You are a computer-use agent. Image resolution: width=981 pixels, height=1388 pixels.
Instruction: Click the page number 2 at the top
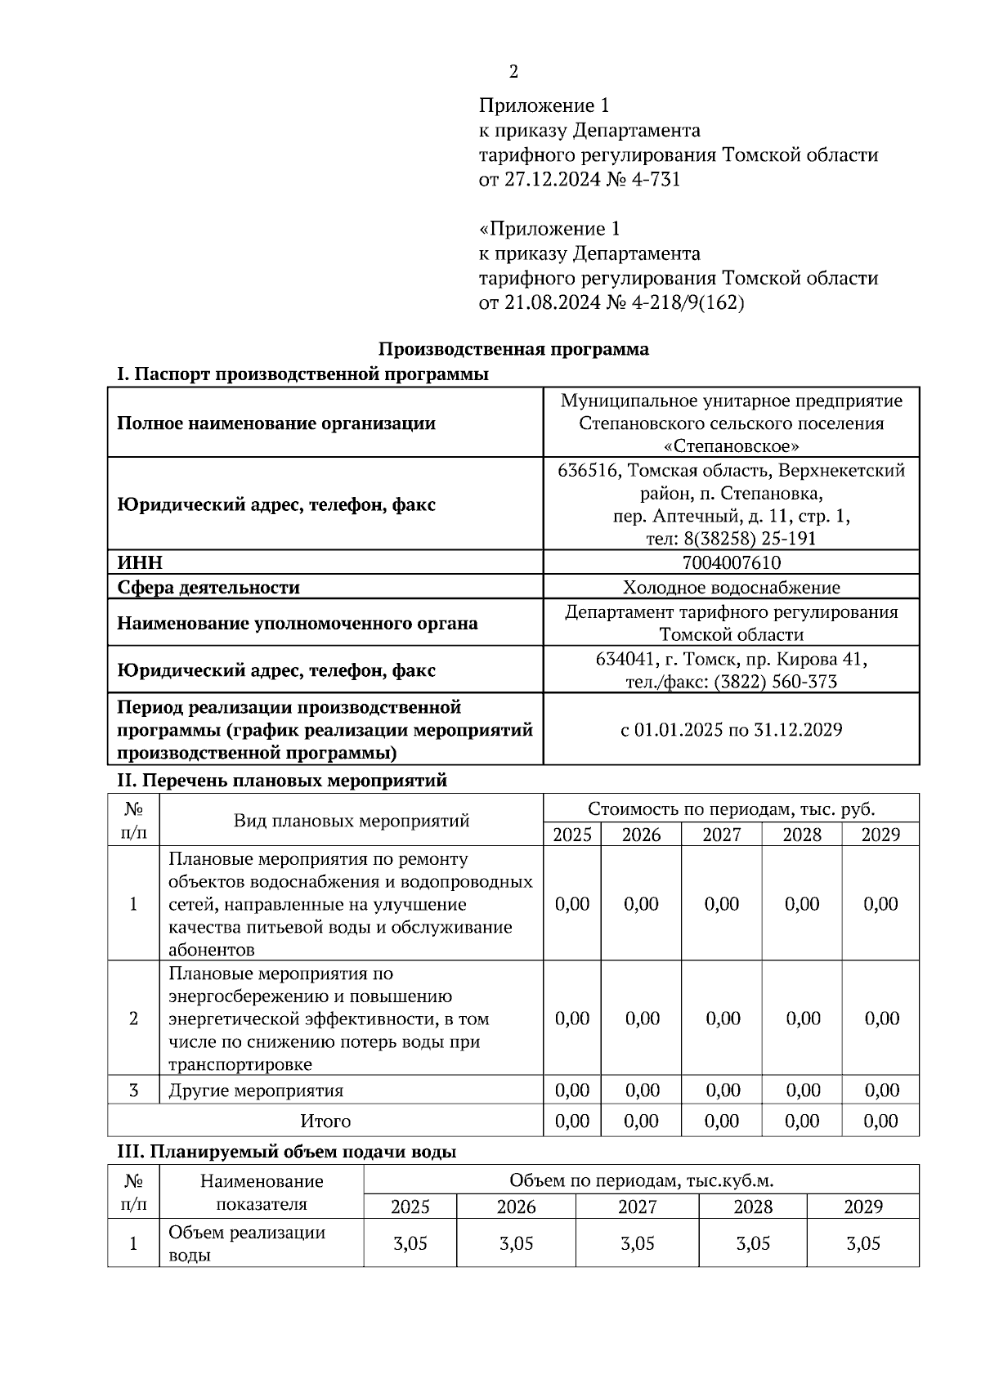coord(513,72)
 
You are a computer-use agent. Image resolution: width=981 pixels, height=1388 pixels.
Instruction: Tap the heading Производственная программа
coord(513,349)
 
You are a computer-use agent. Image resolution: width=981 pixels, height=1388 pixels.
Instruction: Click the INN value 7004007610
coord(731,562)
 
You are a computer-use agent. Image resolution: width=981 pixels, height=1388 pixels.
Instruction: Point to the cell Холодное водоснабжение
coord(731,587)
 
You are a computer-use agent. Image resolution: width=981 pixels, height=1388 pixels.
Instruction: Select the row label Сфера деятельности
coord(208,587)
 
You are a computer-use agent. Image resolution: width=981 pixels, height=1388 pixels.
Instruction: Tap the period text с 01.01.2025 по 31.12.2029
coord(731,729)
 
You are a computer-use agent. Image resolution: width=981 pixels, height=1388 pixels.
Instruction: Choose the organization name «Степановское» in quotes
coord(731,446)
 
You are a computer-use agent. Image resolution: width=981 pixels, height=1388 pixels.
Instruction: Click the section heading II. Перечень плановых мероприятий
coord(282,780)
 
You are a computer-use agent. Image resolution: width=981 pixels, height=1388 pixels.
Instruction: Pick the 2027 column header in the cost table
coord(721,835)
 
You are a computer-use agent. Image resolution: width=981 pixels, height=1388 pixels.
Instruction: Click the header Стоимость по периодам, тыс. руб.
coord(731,809)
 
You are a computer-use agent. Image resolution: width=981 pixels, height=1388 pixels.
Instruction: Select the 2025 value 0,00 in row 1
coord(571,903)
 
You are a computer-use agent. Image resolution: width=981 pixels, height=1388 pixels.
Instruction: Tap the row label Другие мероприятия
coord(256,1090)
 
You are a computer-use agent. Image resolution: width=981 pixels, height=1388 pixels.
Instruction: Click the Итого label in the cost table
coord(325,1121)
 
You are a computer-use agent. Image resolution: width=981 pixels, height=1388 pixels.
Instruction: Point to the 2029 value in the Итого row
coord(880,1121)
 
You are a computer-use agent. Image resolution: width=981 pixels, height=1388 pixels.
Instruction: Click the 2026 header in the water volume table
coord(516,1207)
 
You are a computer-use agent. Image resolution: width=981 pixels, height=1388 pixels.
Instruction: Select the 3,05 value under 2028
coord(753,1243)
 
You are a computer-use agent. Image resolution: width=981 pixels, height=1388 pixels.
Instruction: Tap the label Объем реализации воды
coord(247,1243)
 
